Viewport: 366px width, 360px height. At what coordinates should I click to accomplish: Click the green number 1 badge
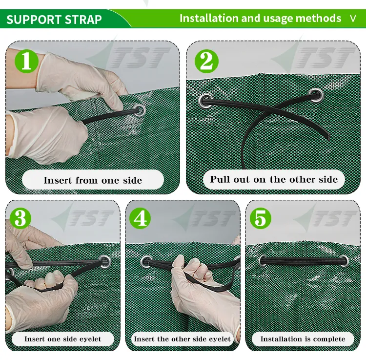(26, 61)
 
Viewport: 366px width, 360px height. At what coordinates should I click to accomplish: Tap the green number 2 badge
(206, 61)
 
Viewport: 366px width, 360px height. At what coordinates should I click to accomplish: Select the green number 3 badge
(20, 218)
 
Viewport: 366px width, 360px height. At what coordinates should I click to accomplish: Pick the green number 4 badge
(140, 218)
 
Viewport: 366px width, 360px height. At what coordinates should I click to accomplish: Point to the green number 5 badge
(261, 218)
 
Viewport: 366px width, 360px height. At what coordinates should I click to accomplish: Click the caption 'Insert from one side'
(93, 180)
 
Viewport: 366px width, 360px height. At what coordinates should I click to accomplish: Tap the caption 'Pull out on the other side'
(274, 179)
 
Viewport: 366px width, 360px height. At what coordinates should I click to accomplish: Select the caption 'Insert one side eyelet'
(63, 339)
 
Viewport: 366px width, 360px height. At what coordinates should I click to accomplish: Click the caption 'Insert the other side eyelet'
(183, 339)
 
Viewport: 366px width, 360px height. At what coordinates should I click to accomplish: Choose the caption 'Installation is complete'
(303, 339)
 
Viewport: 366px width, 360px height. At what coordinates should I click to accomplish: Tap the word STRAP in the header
(83, 20)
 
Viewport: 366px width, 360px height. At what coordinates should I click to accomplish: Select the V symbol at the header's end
(353, 19)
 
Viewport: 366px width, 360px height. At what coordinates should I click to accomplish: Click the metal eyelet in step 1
(140, 110)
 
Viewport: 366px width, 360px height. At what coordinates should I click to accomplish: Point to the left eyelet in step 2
(206, 101)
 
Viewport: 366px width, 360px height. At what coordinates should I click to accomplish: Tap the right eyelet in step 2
(316, 95)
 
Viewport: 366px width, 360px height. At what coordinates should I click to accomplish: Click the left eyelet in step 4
(146, 261)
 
